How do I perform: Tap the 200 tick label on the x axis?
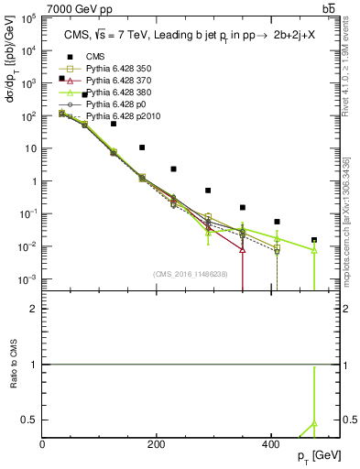click(x=157, y=444)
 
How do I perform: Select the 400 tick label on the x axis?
click(x=270, y=444)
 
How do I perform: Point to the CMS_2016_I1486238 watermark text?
click(x=191, y=274)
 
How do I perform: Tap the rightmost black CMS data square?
click(x=314, y=241)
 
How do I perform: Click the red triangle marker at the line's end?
click(x=242, y=249)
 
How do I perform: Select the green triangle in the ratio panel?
click(x=314, y=424)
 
